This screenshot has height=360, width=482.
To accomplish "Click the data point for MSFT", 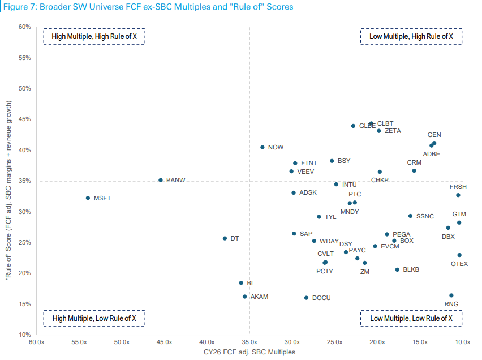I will point(88,198).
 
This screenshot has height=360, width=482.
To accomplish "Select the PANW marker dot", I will point(161,180).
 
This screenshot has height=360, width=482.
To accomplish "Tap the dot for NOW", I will point(262,147).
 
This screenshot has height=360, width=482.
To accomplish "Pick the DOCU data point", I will point(307,298).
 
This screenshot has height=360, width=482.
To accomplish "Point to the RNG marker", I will point(451,295).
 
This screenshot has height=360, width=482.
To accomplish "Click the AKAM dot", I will point(244,297).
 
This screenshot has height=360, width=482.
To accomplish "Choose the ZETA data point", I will point(379,131).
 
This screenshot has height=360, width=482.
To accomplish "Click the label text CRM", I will point(414,162).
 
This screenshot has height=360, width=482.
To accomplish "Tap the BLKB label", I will point(411,270).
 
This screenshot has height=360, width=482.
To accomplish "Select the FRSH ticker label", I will point(458,187).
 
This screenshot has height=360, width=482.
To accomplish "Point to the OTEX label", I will point(459,264).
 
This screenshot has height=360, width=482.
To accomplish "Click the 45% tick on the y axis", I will point(24,119).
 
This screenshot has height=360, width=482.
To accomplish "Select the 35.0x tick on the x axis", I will point(249,342).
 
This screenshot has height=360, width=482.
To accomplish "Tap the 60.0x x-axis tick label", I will point(37,342).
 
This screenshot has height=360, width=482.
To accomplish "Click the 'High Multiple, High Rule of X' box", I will point(94,36).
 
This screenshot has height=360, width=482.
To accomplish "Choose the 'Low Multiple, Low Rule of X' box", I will point(411,318).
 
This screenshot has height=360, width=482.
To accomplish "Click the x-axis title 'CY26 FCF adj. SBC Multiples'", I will point(249,352).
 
